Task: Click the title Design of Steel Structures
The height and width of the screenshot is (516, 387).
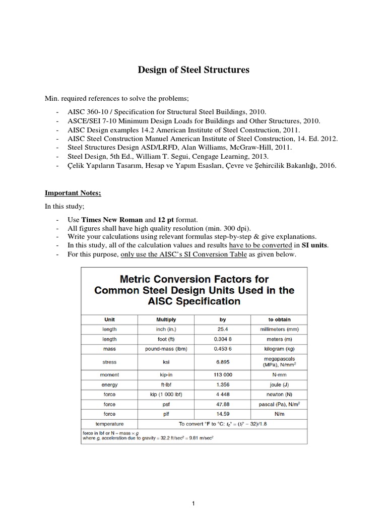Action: pos(193,70)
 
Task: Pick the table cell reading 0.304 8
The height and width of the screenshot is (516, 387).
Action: pos(222,338)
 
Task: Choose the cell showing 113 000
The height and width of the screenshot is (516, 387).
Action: pos(222,375)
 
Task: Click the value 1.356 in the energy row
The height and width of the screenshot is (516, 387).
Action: pos(222,384)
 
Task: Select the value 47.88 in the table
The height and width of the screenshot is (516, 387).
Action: pos(222,404)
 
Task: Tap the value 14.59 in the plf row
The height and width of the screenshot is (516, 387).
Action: pos(222,414)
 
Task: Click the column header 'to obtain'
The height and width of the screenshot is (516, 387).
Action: pos(279,319)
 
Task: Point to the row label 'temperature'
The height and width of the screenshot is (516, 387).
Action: pos(109,424)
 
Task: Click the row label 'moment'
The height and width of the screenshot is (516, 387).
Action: pos(109,375)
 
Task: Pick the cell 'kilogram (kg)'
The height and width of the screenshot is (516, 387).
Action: pos(279,348)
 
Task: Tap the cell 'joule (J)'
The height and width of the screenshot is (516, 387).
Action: pos(279,384)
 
